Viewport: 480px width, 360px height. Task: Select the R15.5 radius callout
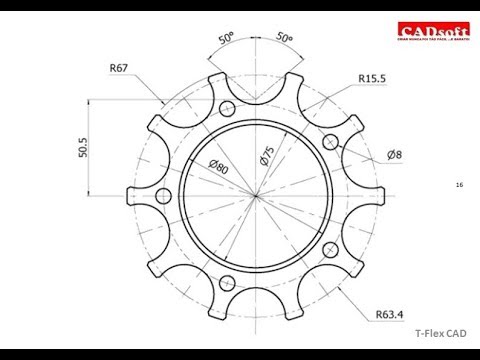coord(374,76)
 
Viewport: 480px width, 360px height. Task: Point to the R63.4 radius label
coord(395,315)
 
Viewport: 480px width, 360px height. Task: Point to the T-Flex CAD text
coord(441,337)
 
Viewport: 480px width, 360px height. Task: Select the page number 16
coord(459,185)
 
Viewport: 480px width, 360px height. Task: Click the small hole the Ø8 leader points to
coord(329,139)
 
